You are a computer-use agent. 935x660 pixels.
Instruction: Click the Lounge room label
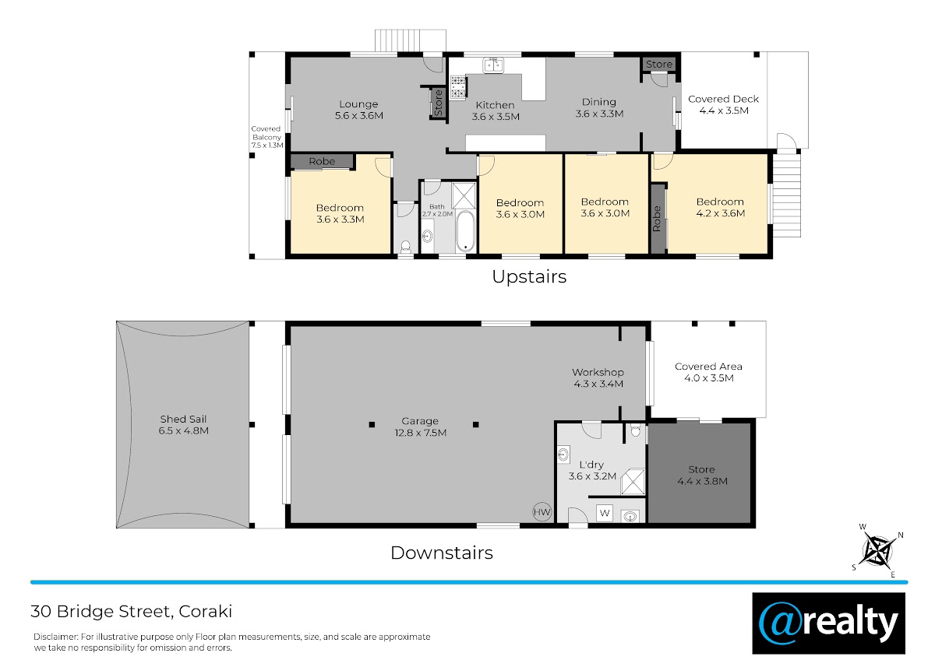[x=358, y=104]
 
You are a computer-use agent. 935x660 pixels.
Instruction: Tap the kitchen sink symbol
[x=493, y=65]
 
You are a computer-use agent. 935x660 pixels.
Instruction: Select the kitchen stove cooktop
[x=458, y=87]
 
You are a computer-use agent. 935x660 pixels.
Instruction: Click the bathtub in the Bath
[x=465, y=231]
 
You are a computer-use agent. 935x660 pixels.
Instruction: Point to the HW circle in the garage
[x=542, y=511]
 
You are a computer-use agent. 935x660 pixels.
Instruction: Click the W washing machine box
[x=605, y=513]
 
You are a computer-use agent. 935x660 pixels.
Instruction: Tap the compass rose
[x=877, y=551]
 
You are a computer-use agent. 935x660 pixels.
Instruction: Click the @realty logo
[x=828, y=623]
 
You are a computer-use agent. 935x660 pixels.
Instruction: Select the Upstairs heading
[x=529, y=277]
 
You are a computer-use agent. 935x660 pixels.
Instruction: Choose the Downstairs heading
[x=442, y=553]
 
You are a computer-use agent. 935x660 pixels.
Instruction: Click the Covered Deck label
[x=723, y=99]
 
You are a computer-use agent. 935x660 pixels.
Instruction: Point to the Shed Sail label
[x=183, y=419]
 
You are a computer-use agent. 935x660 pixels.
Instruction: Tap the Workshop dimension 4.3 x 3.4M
[x=598, y=384]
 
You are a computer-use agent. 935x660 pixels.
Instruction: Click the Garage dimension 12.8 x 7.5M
[x=420, y=433]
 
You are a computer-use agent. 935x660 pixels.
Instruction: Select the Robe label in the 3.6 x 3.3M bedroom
[x=322, y=161]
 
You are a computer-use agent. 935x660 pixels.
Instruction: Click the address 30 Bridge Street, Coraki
[x=131, y=612]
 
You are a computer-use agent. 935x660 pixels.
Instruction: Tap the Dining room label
[x=599, y=102]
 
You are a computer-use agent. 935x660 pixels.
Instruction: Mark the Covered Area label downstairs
[x=708, y=367]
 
